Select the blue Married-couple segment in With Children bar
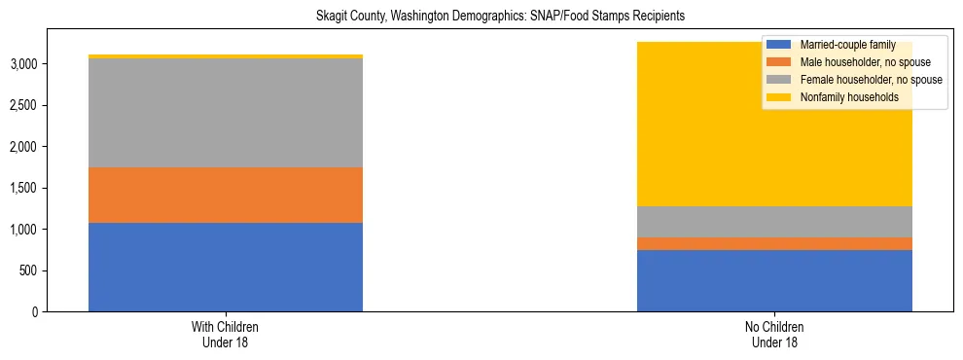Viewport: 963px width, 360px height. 226,267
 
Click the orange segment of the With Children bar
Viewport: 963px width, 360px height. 226,195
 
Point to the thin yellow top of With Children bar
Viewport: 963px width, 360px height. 226,56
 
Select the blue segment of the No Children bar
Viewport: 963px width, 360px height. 774,280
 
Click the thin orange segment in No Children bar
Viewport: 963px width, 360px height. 774,243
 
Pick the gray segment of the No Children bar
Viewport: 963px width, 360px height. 774,222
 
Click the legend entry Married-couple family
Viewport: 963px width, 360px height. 841,45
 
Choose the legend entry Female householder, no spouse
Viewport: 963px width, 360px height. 860,80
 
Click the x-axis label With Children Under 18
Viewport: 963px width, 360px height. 226,334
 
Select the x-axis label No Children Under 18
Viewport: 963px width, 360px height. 774,334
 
